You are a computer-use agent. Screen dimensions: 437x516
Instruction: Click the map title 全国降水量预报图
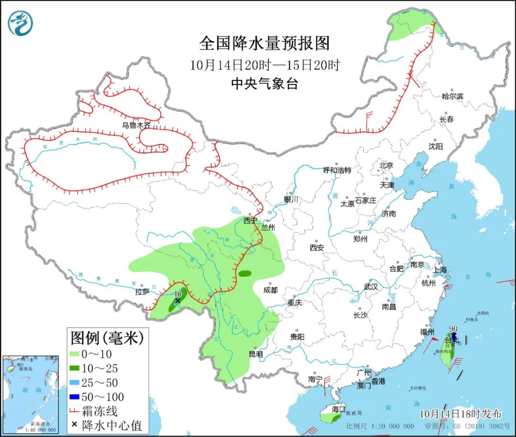click(264, 44)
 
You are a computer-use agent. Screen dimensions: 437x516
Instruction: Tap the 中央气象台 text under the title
click(264, 84)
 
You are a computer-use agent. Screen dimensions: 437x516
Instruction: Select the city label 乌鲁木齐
click(136, 125)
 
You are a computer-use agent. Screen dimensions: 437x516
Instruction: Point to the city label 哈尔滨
click(452, 96)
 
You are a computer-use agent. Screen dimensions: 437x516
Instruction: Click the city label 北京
click(386, 165)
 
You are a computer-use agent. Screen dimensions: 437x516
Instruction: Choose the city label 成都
click(270, 290)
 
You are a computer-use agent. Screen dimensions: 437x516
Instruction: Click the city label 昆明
click(256, 354)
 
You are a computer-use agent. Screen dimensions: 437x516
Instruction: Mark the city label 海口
click(338, 410)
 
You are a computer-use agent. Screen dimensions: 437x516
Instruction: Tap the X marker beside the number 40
click(178, 301)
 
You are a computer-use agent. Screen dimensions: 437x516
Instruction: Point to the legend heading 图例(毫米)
click(107, 338)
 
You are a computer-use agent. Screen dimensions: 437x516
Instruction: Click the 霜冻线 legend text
click(99, 411)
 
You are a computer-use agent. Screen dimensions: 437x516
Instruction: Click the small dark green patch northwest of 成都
click(245, 273)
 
